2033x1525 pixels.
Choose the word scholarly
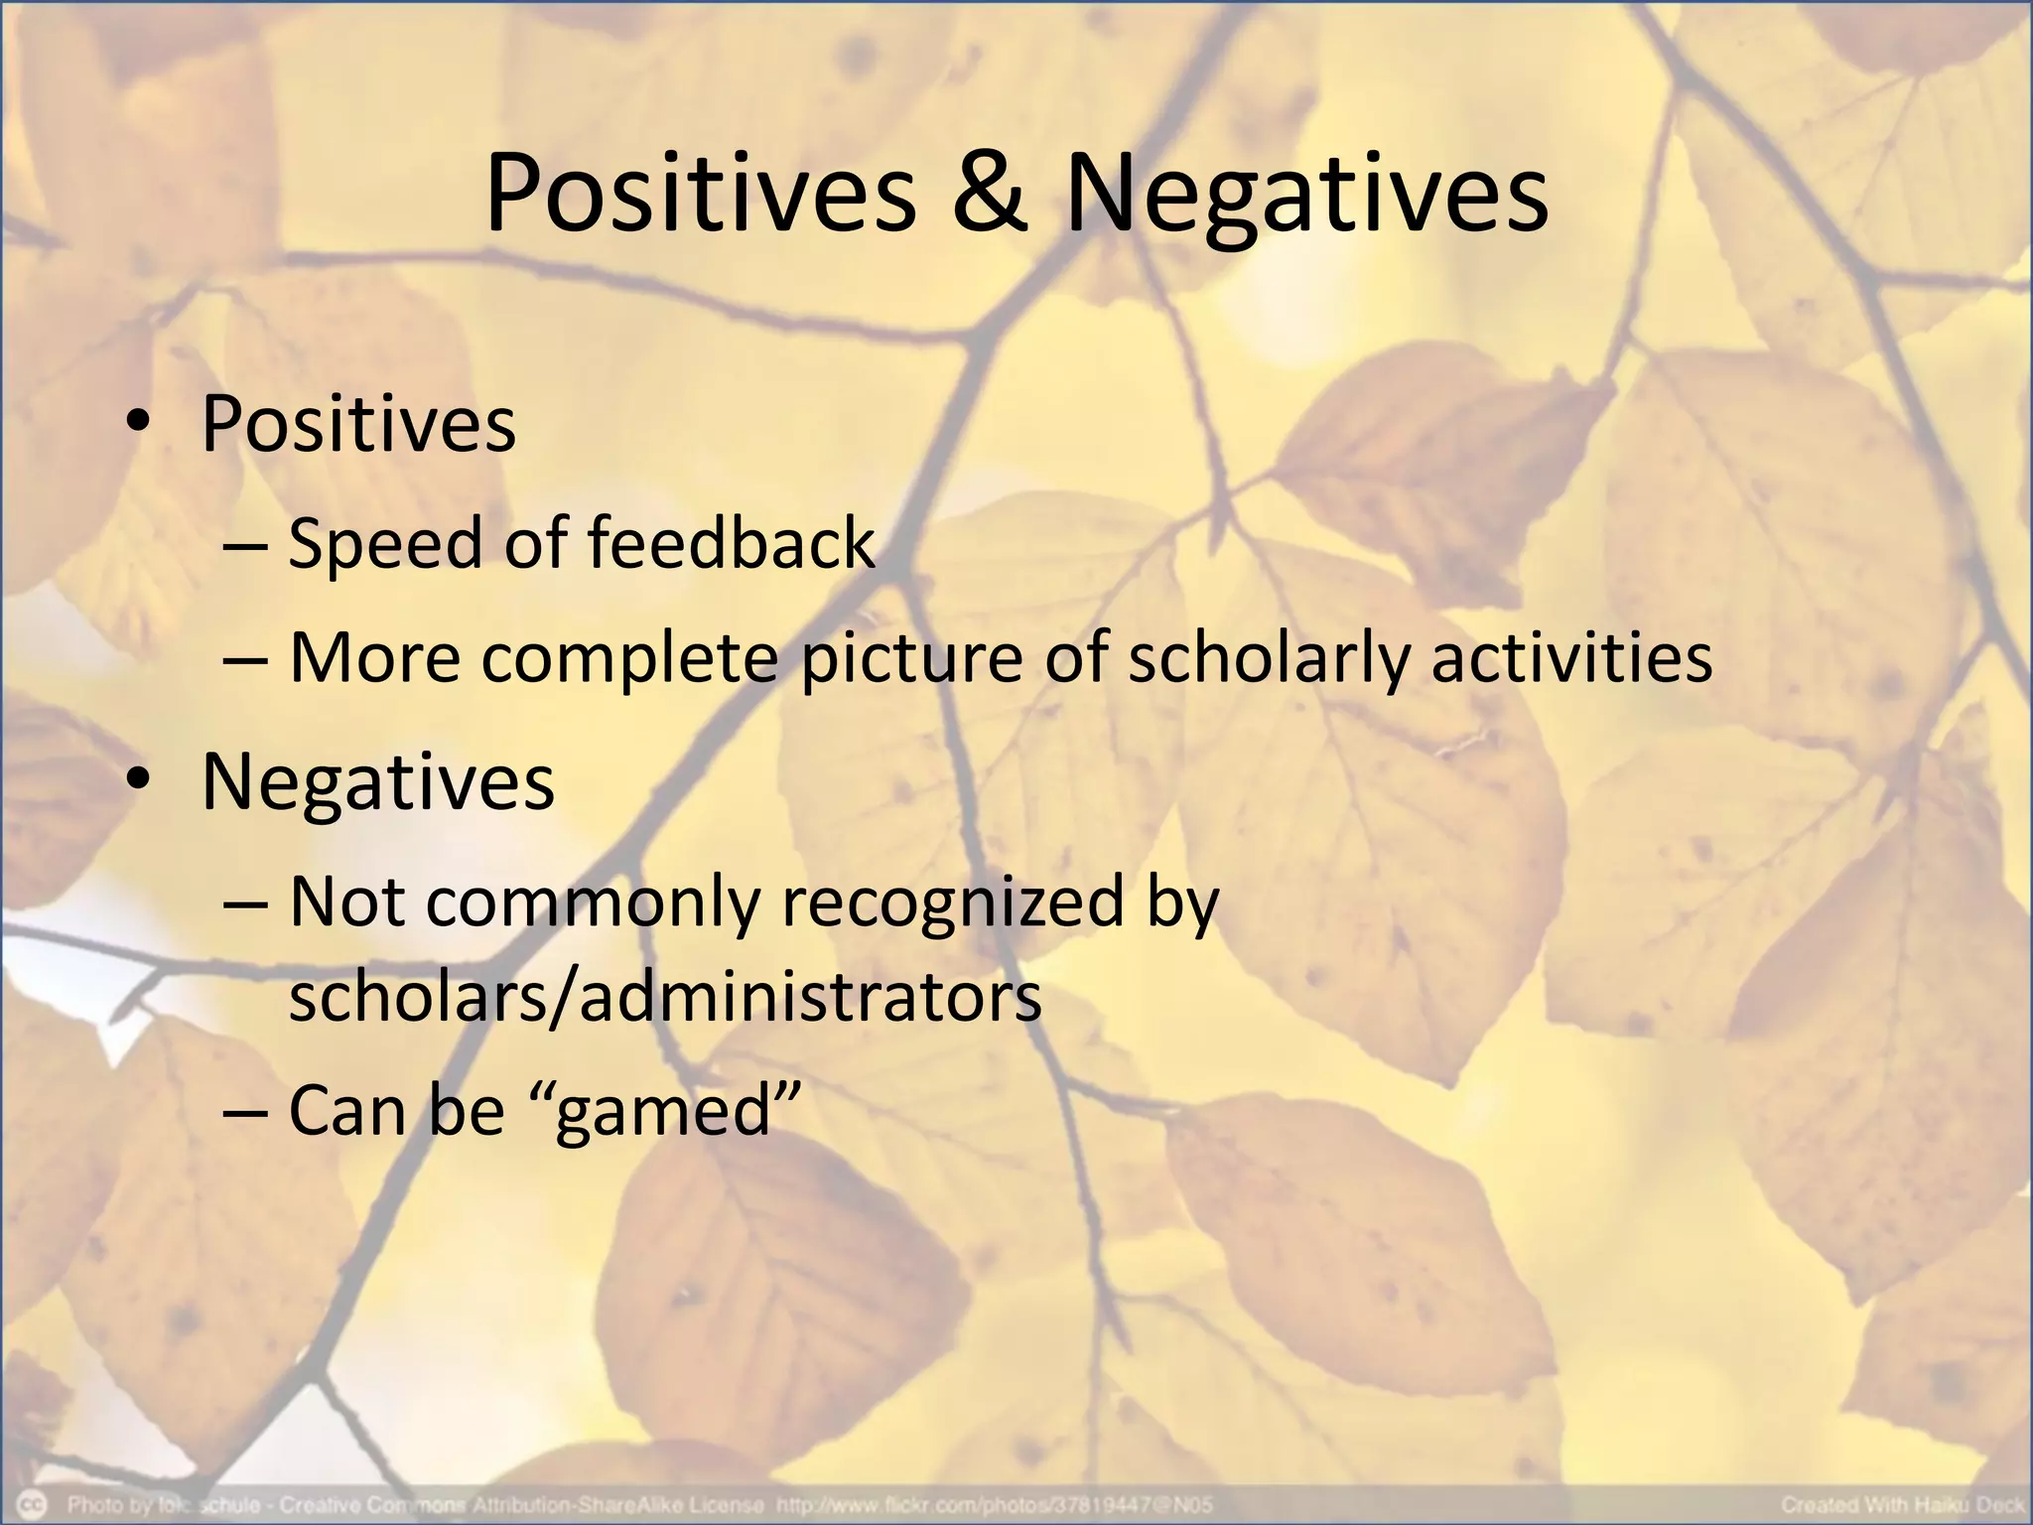tap(1268, 658)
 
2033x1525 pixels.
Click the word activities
tap(1571, 658)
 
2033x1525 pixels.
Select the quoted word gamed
tap(663, 1112)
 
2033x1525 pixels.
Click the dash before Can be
tap(245, 1112)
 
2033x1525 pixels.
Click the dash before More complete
tap(245, 658)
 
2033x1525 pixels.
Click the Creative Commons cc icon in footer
tap(35, 1504)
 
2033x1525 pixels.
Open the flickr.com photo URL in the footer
tap(994, 1505)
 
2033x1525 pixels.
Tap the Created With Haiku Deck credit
tap(1902, 1505)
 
